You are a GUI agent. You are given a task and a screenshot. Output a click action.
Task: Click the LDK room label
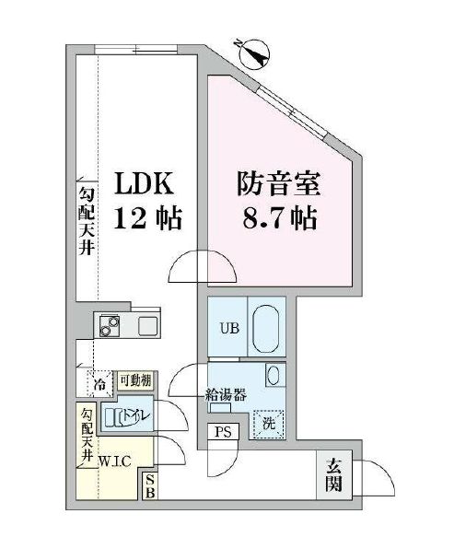pyautogui.click(x=142, y=184)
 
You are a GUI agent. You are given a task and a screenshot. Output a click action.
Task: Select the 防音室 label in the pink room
pyautogui.click(x=277, y=184)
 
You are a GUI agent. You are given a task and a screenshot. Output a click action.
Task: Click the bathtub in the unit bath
pyautogui.click(x=266, y=326)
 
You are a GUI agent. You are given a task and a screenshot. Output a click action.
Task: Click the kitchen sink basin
pyautogui.click(x=148, y=325)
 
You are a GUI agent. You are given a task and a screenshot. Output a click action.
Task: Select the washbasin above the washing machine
pyautogui.click(x=273, y=375)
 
